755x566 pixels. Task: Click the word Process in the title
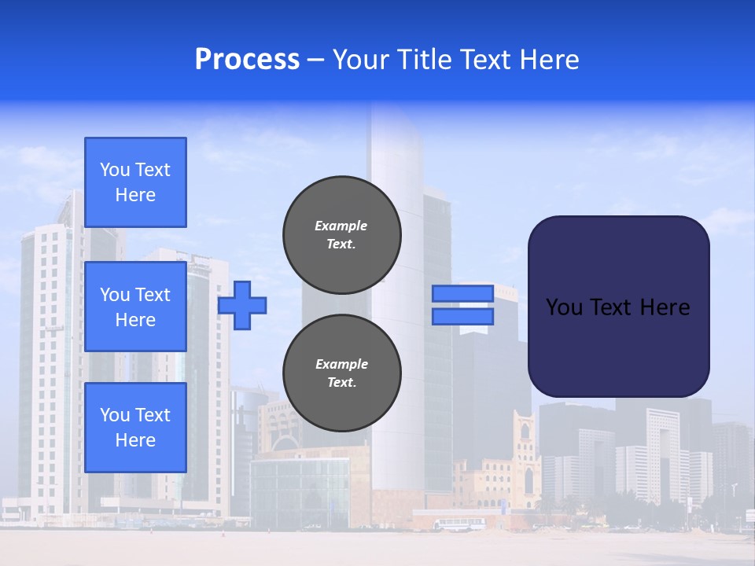tap(247, 60)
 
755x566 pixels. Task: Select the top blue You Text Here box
tap(135, 182)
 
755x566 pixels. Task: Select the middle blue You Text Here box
tap(135, 307)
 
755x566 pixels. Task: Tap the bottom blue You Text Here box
tap(135, 427)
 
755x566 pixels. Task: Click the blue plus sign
tap(242, 305)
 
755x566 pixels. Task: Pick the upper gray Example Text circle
tap(342, 234)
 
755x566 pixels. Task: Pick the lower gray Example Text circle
tap(342, 373)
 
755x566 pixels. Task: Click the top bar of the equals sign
tap(463, 293)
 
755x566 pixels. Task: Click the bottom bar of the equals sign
tap(463, 316)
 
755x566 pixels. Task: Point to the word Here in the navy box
tap(665, 307)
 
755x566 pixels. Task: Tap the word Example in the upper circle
tap(341, 226)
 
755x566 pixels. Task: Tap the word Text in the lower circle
tap(341, 383)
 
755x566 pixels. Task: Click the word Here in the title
tap(546, 60)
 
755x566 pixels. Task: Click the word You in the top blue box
tap(115, 170)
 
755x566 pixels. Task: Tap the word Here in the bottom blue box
tap(135, 440)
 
